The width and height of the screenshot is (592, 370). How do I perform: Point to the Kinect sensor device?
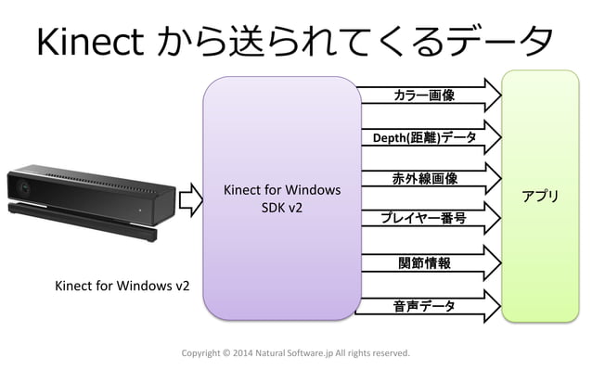pos(89,200)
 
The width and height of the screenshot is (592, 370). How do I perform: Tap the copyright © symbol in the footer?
pos(228,354)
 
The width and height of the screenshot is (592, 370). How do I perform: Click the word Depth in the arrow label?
pos(388,138)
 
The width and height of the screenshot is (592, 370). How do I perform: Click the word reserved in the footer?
pos(388,354)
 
